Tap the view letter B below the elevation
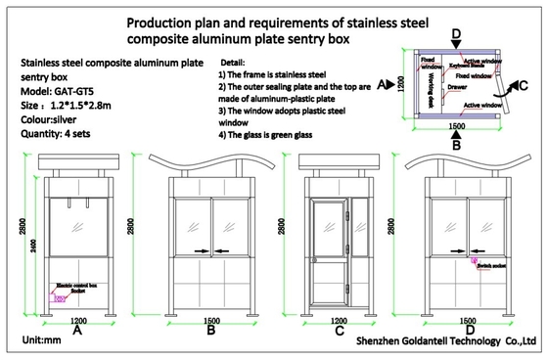210,331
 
